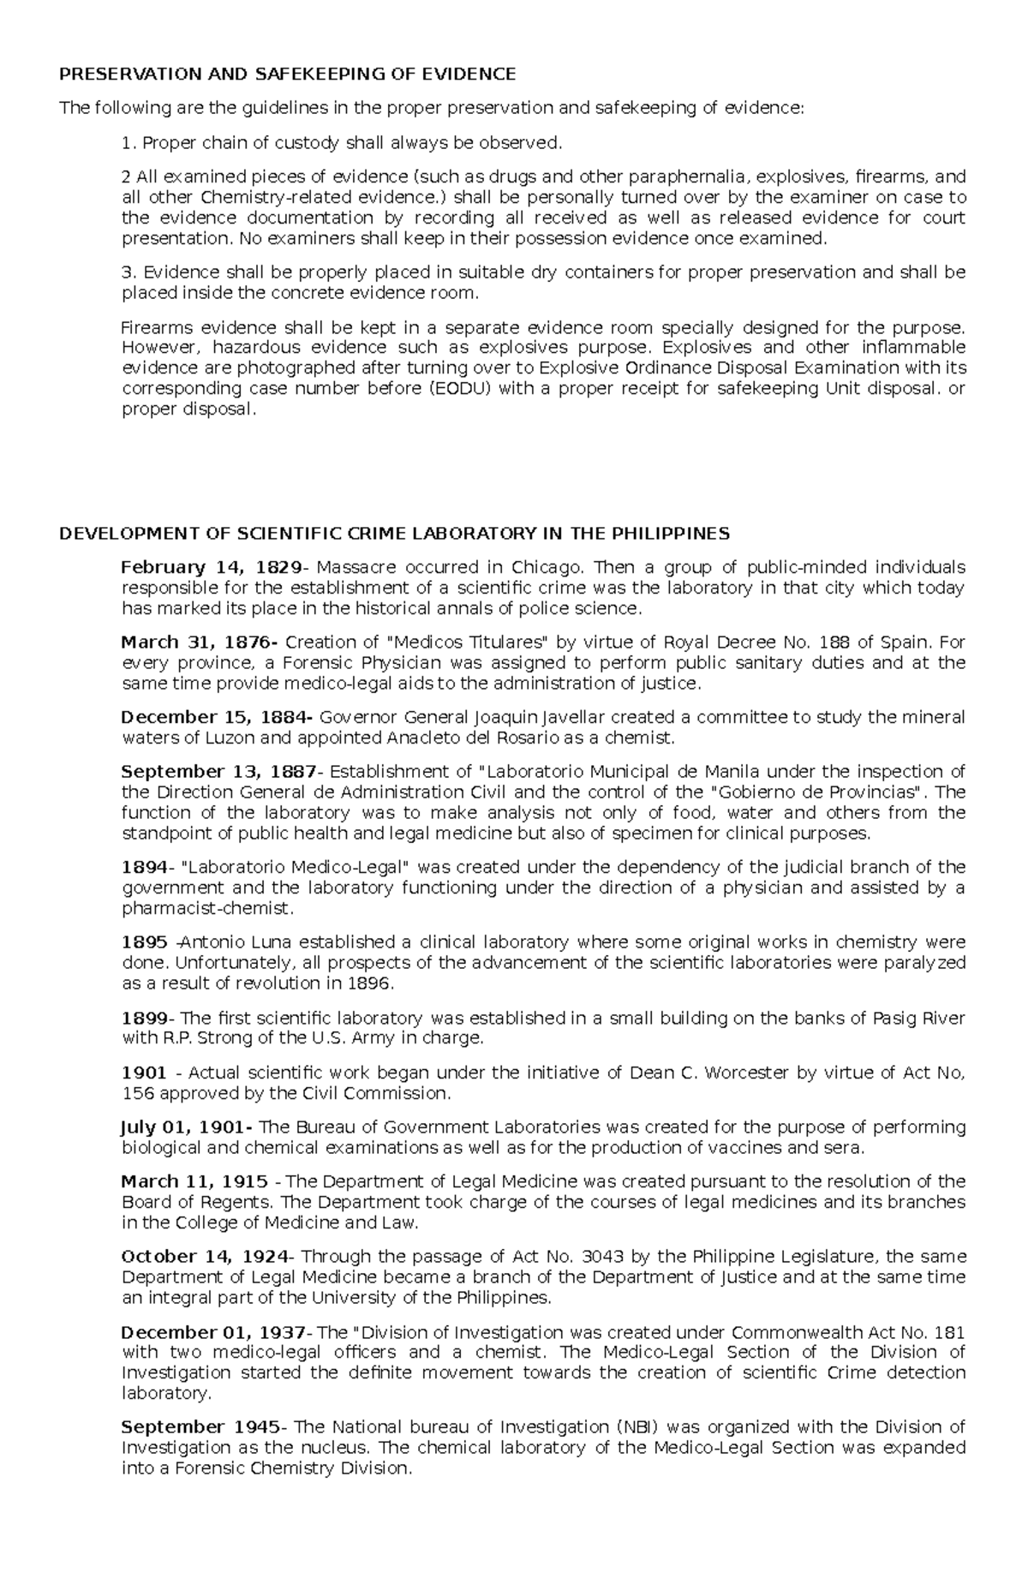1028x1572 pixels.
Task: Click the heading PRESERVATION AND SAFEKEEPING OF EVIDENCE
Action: (287, 75)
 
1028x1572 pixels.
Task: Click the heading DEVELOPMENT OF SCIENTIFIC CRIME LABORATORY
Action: (393, 534)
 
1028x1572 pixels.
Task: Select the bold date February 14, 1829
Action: (211, 567)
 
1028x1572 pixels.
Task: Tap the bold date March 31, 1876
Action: (198, 643)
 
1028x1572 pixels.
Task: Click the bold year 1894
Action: (143, 867)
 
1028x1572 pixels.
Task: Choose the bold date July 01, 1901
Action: (183, 1127)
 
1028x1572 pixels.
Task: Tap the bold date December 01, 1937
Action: (213, 1332)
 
